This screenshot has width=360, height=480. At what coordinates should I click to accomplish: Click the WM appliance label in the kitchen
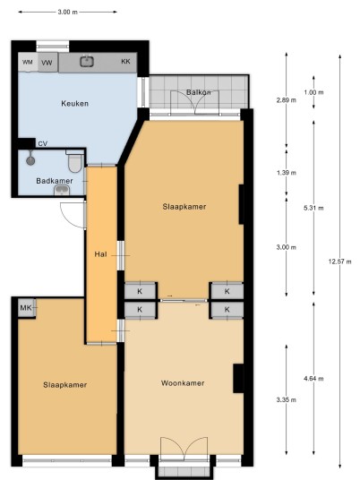[x=28, y=62]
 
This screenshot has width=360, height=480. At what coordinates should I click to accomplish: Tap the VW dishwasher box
[x=47, y=63]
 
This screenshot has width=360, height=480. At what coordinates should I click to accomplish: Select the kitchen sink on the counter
[x=87, y=61]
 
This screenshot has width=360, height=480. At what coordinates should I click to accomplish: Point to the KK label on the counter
[x=125, y=61]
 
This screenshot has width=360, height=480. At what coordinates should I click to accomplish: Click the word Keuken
[x=74, y=104]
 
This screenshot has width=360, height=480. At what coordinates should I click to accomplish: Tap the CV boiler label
[x=43, y=143]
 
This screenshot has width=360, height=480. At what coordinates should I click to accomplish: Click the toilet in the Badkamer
[x=75, y=161]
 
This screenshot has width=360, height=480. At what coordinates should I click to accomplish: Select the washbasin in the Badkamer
[x=62, y=191]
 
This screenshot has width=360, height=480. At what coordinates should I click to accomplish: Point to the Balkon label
[x=199, y=92]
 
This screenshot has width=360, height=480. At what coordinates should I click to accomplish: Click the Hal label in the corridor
[x=100, y=254]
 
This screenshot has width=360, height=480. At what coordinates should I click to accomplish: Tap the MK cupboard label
[x=26, y=308]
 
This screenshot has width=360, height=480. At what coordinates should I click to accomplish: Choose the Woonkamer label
[x=183, y=383]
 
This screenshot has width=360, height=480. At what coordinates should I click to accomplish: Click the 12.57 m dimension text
[x=339, y=261]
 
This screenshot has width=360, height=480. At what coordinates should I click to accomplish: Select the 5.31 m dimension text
[x=313, y=208]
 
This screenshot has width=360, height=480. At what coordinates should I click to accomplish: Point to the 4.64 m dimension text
[x=313, y=379]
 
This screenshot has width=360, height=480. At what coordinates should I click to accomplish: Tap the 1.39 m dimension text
[x=287, y=173]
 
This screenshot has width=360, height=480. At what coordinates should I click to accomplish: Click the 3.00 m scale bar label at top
[x=68, y=12]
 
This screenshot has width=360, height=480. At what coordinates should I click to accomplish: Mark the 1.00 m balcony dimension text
[x=313, y=92]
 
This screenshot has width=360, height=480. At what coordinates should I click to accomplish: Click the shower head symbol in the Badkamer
[x=30, y=159]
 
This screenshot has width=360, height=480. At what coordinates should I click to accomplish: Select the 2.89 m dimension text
[x=287, y=99]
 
